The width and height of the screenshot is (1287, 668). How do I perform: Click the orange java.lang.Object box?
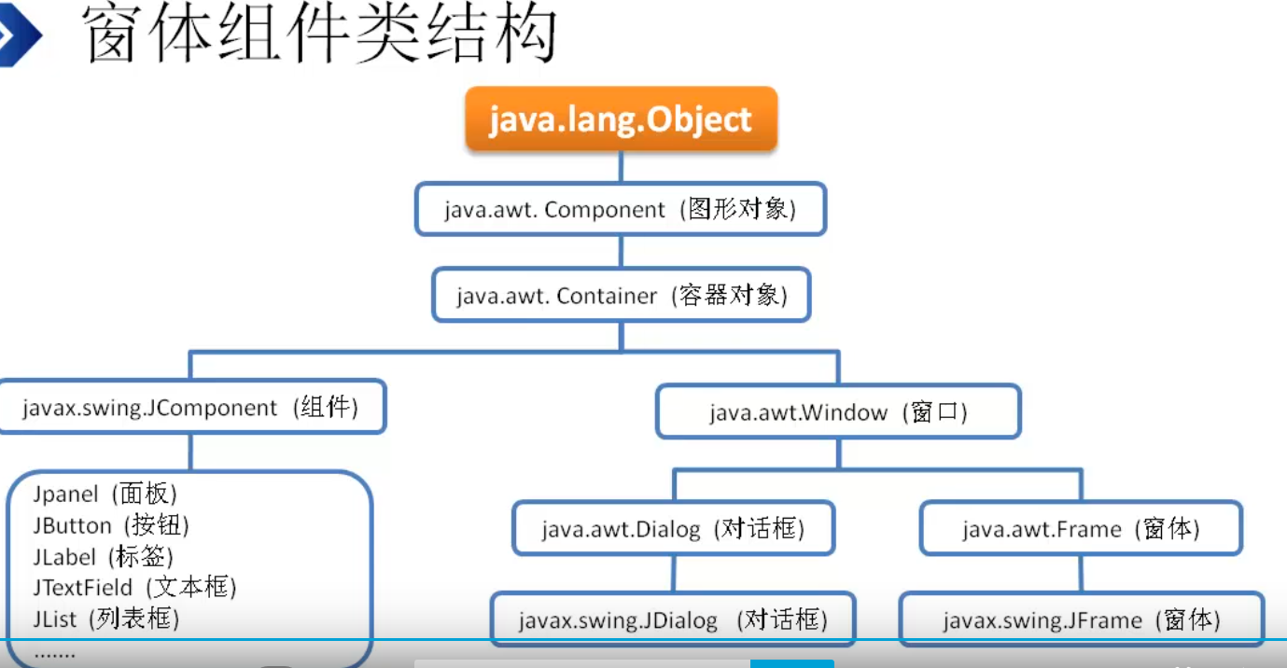621,119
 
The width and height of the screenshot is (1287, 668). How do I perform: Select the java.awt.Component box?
621,208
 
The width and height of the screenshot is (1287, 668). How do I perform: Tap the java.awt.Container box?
621,296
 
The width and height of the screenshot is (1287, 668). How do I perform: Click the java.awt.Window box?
838,411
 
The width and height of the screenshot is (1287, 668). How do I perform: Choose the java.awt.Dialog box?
673,529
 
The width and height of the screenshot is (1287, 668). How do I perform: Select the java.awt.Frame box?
1081,529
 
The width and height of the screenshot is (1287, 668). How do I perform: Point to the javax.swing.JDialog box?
673,619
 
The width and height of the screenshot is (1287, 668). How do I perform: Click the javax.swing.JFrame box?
1081,619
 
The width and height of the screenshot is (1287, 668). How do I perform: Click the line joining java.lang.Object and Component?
621,167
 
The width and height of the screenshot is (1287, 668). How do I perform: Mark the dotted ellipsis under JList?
54,653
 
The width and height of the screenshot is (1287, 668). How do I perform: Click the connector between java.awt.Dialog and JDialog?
673,574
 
